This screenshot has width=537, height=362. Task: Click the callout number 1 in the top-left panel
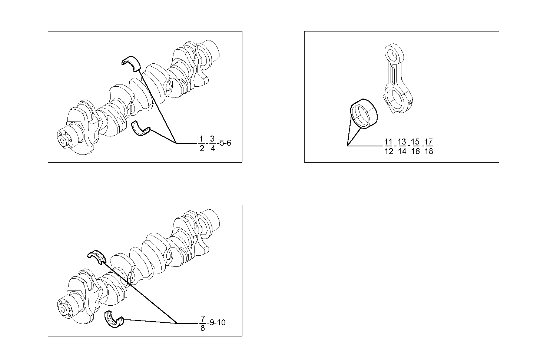(201, 139)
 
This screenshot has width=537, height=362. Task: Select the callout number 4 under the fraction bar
(212, 148)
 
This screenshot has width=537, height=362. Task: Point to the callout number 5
(222, 143)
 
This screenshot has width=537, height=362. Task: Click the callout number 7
(203, 319)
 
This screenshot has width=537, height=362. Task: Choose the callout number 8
(203, 328)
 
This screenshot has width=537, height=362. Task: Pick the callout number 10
(221, 323)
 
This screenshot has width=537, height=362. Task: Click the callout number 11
(388, 142)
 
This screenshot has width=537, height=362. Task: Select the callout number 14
(402, 151)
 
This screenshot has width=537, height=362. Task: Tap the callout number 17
(428, 142)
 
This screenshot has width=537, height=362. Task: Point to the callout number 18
(428, 151)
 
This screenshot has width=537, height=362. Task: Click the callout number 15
(415, 142)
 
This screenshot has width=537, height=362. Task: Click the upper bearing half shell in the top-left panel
(132, 62)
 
